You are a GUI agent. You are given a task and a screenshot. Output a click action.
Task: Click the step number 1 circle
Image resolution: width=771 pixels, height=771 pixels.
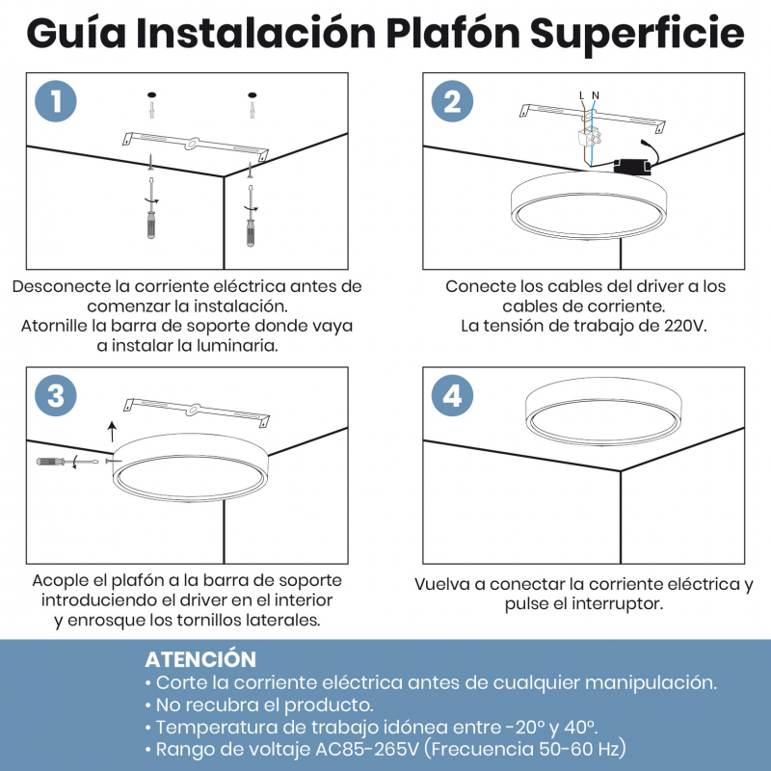[56, 101]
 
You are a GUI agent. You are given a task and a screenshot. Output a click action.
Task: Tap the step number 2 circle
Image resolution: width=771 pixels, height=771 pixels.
[452, 101]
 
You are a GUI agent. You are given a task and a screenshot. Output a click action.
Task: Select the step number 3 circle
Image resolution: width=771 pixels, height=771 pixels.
[56, 395]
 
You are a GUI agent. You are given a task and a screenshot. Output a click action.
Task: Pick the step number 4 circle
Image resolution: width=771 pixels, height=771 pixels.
[452, 395]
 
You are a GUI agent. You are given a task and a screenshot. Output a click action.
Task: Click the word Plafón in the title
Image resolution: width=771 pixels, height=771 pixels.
[453, 33]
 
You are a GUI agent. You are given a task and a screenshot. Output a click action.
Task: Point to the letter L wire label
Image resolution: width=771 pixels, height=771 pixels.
[582, 95]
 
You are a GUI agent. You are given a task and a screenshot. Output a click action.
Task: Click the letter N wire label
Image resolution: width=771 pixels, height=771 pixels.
[596, 95]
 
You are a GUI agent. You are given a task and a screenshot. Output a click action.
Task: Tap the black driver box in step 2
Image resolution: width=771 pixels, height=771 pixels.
[632, 166]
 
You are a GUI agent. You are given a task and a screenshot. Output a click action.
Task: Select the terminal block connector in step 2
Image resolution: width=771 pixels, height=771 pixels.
[589, 137]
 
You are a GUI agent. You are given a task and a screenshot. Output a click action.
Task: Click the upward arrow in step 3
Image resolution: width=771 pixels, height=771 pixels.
[113, 431]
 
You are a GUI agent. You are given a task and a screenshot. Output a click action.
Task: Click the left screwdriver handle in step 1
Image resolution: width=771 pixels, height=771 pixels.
[151, 226]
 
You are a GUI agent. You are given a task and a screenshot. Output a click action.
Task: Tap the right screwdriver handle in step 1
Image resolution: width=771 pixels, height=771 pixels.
[251, 233]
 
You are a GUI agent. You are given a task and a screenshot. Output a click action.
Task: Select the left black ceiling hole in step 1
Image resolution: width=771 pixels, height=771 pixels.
[151, 94]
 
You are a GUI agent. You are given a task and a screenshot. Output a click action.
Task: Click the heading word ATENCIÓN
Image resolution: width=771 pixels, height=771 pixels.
[200, 659]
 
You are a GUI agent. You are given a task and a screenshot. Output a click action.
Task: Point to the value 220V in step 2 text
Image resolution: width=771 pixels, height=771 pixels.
[685, 326]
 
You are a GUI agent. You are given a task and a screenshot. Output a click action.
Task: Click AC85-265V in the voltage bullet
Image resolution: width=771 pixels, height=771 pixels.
[367, 749]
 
